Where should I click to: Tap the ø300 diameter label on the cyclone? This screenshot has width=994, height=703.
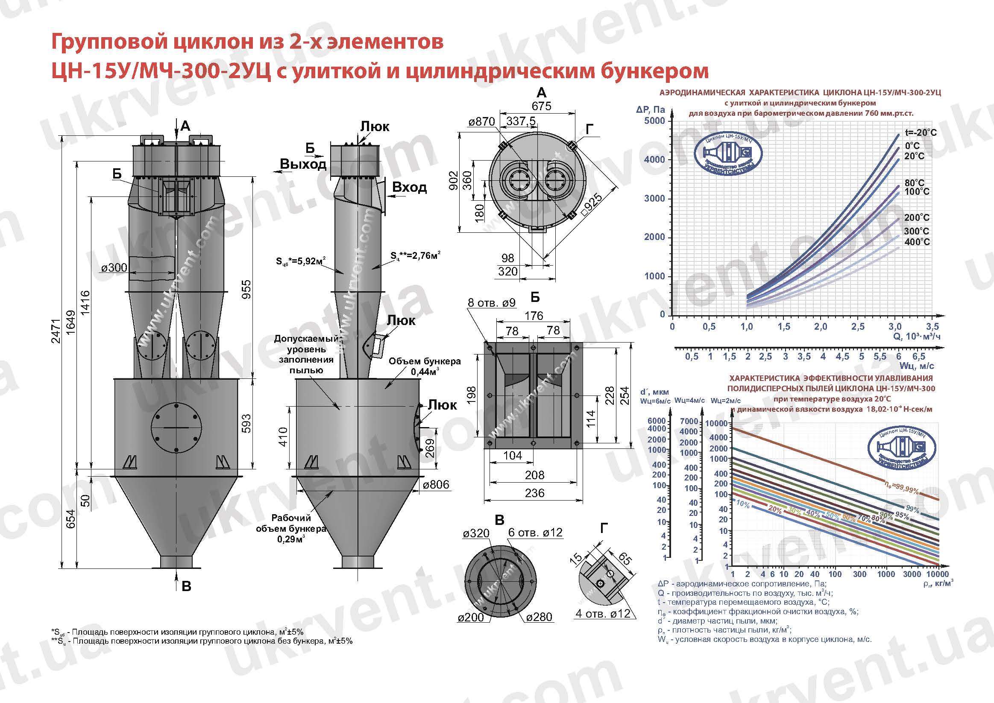point(114,268)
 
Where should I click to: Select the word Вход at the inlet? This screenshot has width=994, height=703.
point(409,187)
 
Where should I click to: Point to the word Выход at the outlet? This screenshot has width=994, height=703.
point(303,164)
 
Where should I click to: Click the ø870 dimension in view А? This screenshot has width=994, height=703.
point(481,122)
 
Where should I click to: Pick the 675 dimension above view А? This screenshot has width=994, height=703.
point(541,106)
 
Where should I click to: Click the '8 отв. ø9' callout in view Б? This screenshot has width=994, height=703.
point(491,302)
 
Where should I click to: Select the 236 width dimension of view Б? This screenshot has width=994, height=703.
point(534,493)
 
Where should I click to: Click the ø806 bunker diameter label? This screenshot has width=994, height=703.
point(436,485)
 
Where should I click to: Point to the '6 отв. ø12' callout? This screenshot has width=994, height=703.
point(535,533)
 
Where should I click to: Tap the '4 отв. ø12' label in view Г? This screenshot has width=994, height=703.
point(603,613)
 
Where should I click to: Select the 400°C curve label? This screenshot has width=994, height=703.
point(917,242)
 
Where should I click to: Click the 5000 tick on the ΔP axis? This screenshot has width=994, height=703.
point(654,121)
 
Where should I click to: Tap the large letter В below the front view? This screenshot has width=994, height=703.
point(187,586)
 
